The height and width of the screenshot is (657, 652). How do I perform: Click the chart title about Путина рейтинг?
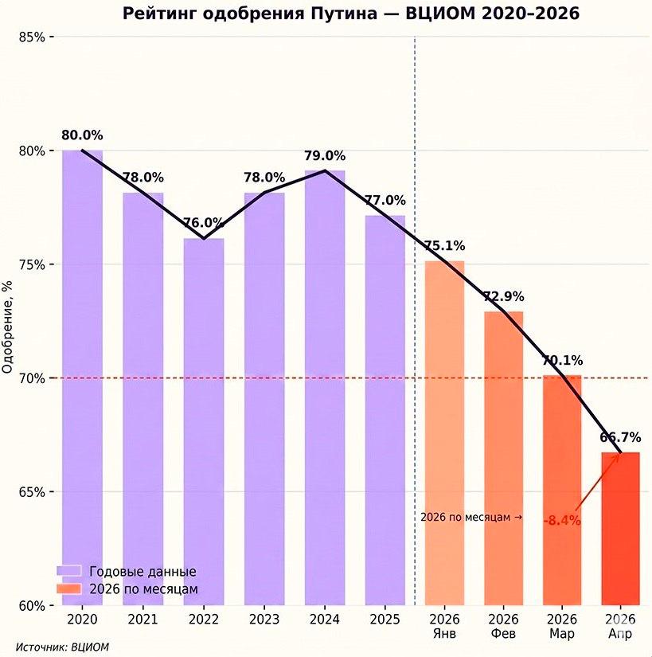coord(350,14)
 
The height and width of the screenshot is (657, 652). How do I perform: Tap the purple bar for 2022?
coord(204,422)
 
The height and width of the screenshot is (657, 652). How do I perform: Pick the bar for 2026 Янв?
coord(444,433)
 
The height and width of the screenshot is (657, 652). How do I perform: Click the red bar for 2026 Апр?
coord(620,529)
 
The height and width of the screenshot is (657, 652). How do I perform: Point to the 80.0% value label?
coord(83,135)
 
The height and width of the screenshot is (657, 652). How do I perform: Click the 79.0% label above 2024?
coord(325,156)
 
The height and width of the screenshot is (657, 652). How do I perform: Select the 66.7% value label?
coord(621,437)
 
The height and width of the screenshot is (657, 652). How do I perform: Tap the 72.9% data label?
coord(503,297)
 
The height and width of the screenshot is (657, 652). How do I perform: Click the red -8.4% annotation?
coord(562,521)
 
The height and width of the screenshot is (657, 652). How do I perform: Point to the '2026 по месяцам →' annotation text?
coord(470,518)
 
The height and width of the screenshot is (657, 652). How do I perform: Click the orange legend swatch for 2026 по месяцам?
coord(69,589)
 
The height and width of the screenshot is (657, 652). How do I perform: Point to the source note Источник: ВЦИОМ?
coord(62,647)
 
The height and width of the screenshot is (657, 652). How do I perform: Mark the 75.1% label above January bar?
coord(444,246)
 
